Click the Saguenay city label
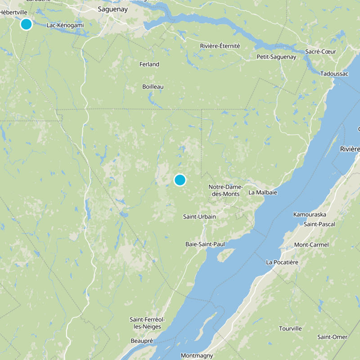point(113,9)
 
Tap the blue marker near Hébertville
point(26,24)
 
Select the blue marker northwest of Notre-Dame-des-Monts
point(180,180)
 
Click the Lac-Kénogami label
point(65,25)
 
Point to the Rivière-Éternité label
point(220,46)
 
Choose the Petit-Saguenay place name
point(276,57)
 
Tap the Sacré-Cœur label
point(320,51)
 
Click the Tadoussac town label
point(334,74)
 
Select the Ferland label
point(149,64)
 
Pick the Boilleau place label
point(153,86)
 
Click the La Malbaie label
point(263,193)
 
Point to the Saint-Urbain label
point(199,217)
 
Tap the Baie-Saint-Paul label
point(205,244)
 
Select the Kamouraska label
point(310,214)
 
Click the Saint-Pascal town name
point(320,224)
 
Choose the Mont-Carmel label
point(311,245)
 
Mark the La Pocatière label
point(282,262)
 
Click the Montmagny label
point(197,355)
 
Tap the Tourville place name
point(290,328)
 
